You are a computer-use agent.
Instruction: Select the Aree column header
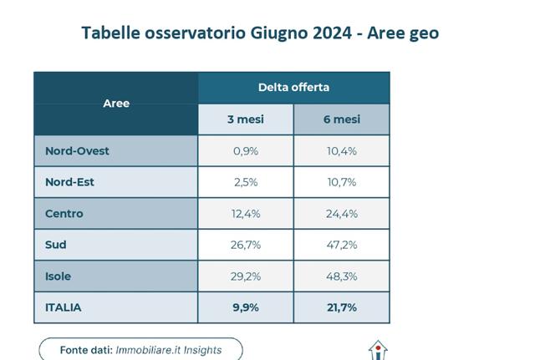click(x=116, y=104)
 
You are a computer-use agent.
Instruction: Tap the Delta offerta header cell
click(x=293, y=87)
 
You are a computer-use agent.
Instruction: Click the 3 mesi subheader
click(x=246, y=119)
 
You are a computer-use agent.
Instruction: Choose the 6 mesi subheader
click(x=341, y=119)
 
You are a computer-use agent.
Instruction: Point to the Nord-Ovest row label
click(x=78, y=151)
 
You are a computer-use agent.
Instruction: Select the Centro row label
click(x=64, y=214)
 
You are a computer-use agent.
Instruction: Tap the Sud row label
click(x=56, y=245)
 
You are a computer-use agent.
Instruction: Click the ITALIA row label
click(x=63, y=307)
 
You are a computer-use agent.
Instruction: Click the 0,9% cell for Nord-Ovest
click(x=246, y=151)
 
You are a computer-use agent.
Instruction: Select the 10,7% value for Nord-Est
click(x=341, y=182)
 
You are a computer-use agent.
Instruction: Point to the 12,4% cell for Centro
click(x=246, y=214)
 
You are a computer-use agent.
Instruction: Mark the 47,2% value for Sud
click(x=341, y=245)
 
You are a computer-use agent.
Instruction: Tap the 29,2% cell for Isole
click(x=246, y=276)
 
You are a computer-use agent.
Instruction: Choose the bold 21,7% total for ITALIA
click(x=341, y=307)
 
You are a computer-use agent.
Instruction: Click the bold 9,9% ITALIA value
click(x=246, y=307)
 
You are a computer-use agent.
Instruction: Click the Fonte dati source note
click(x=140, y=349)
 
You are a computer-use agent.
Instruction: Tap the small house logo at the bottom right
click(x=380, y=350)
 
